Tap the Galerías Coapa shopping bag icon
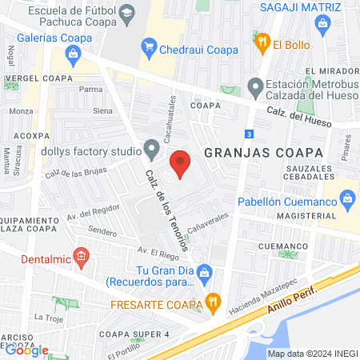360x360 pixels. (74, 54)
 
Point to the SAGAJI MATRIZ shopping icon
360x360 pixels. (322, 24)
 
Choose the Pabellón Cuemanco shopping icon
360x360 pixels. (347, 197)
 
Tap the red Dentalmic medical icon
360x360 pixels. (80, 256)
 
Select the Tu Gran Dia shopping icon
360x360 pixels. (206, 272)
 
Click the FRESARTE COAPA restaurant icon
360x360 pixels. (212, 302)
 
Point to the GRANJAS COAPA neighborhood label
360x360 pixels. (262, 152)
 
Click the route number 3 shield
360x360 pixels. (250, 133)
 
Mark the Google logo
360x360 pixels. (26, 350)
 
